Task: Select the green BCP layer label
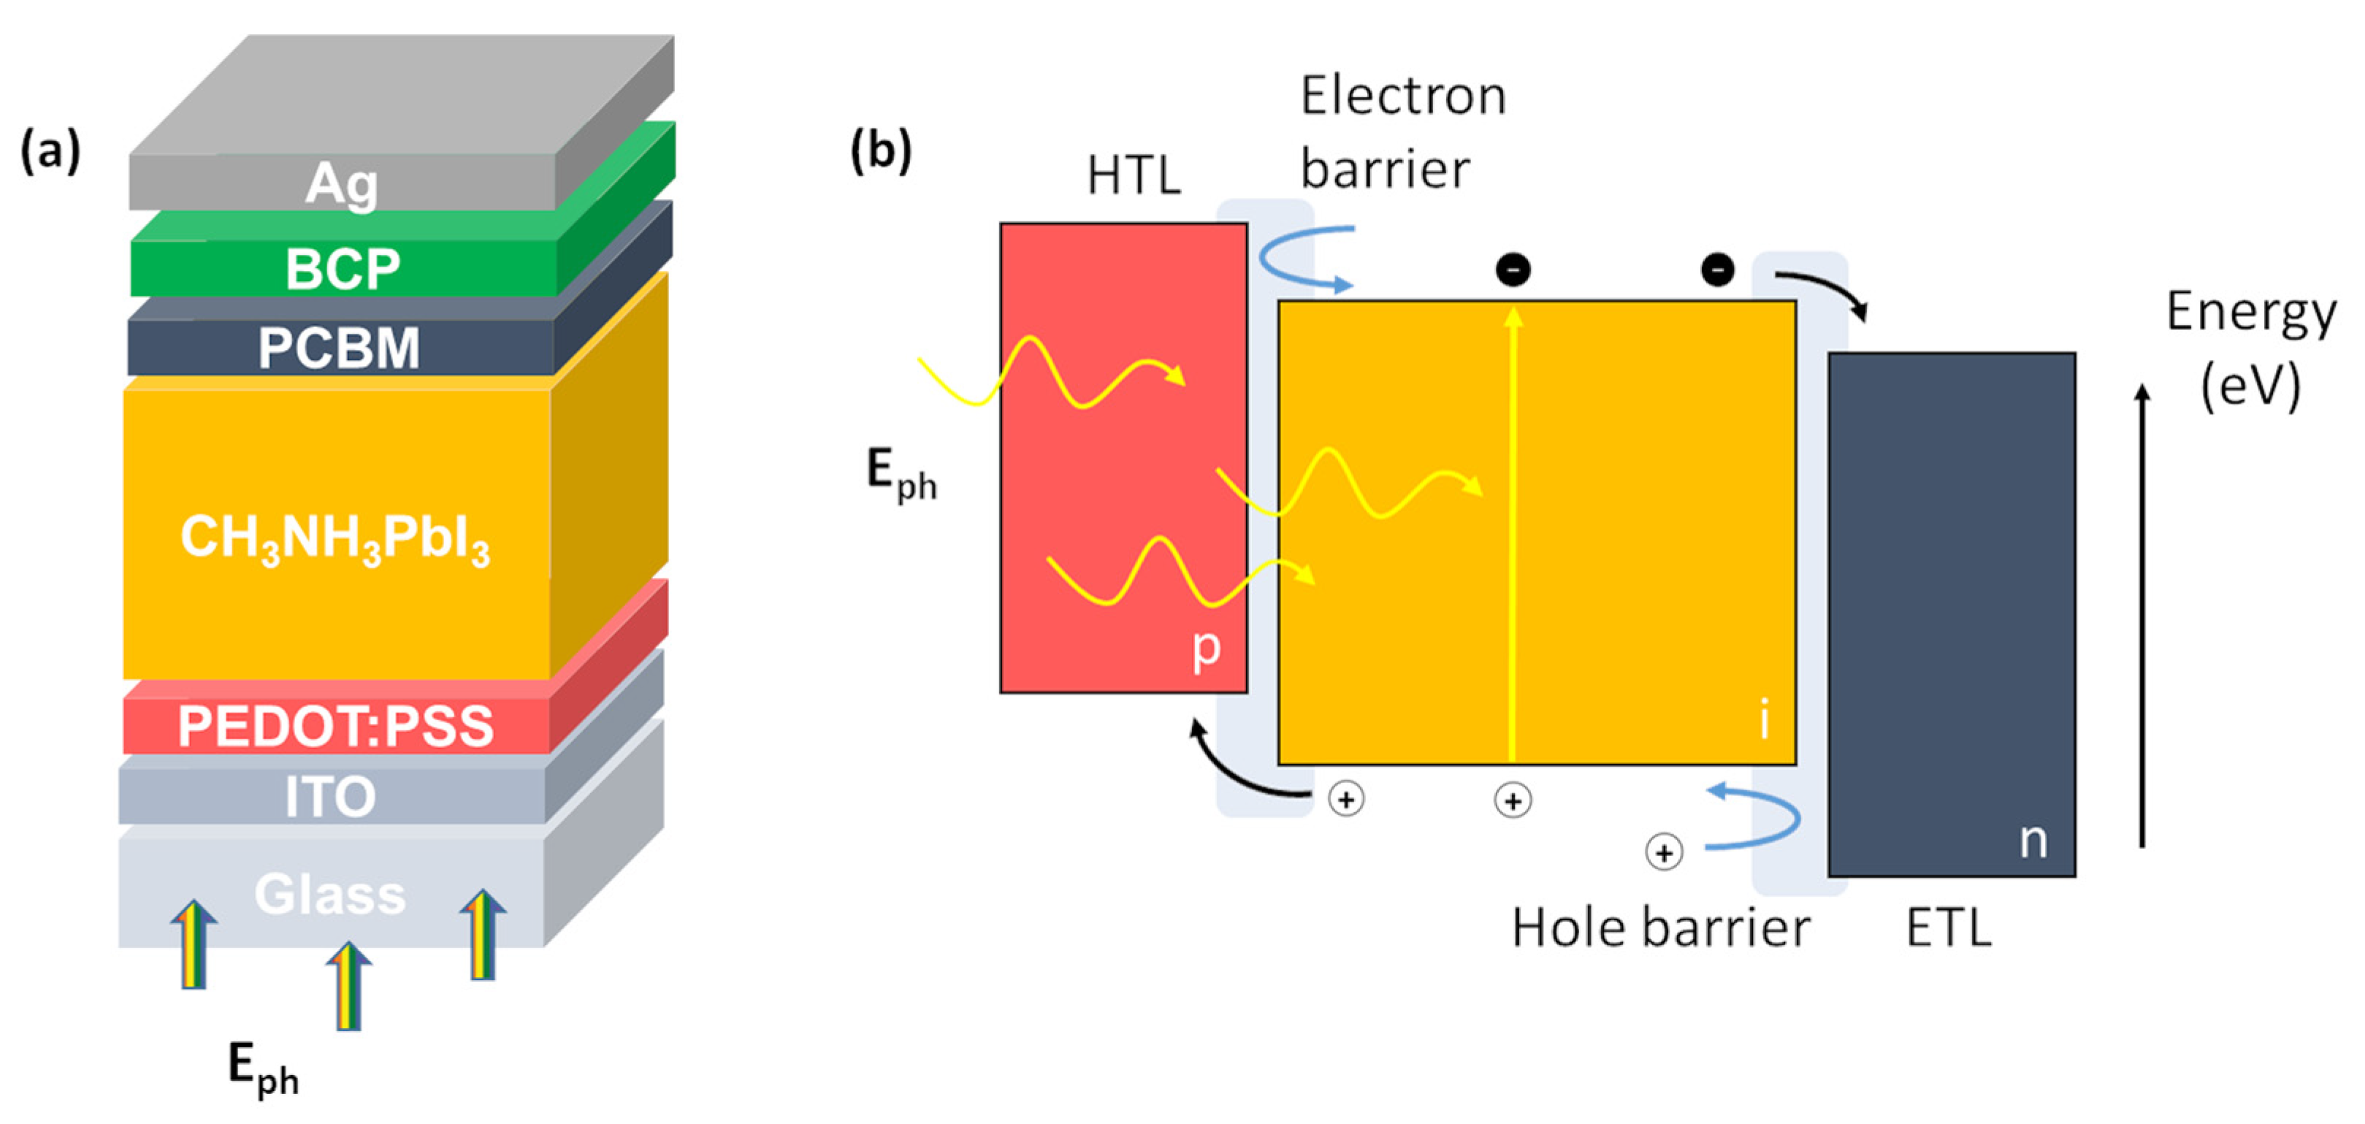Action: coord(343,269)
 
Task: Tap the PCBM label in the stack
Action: coord(339,348)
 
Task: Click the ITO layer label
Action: coord(331,796)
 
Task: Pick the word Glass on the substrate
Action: coord(329,895)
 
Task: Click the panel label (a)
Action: coord(50,150)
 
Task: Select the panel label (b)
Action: coord(880,150)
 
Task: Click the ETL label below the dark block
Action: coord(1948,928)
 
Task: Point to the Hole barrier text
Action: coord(1661,928)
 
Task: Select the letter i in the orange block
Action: coord(1764,719)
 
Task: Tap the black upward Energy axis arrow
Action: coord(2142,615)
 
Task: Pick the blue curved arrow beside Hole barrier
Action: coord(1754,817)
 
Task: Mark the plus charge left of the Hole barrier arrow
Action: coord(1664,852)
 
